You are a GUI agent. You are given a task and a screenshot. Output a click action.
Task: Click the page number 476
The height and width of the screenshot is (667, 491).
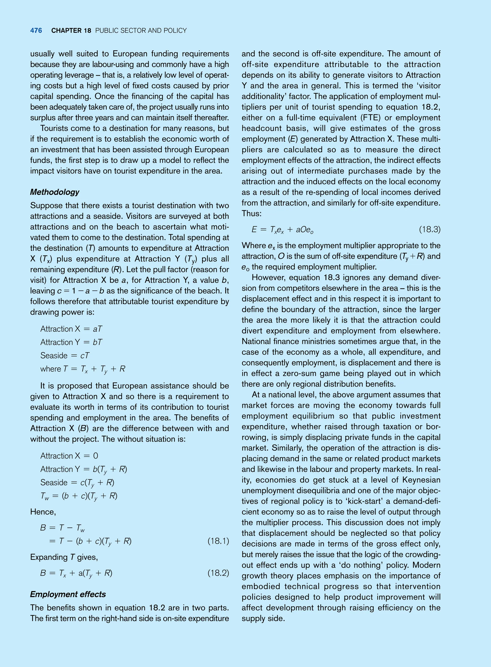36,31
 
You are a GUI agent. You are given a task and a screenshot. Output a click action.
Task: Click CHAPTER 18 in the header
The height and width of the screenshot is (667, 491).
71,31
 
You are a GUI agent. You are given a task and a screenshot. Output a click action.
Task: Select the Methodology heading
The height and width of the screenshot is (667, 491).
55,192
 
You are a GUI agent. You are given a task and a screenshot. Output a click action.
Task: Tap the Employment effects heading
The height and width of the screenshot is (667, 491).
68,594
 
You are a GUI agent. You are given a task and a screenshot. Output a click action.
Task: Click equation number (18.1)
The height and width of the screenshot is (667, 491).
218,541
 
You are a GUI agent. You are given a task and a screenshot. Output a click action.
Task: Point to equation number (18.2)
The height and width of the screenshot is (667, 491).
218,573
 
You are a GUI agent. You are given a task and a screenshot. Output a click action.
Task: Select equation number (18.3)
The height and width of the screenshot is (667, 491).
429,229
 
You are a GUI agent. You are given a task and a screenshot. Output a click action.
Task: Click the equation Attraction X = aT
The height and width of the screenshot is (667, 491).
71,329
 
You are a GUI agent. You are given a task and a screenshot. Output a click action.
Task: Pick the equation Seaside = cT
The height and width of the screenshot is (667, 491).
65,355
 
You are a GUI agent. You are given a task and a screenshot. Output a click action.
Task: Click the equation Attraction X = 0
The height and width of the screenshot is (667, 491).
69,456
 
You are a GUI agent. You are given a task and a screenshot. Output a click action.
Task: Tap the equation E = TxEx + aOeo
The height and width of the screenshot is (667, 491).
282,230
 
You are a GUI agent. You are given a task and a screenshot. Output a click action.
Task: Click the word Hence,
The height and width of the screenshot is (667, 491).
43,512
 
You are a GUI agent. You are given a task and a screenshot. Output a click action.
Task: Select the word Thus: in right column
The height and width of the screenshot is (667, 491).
251,214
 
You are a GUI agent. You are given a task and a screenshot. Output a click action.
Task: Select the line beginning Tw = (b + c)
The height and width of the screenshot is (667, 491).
79,496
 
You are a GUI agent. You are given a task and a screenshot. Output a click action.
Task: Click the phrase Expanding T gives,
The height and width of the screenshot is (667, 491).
64,557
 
